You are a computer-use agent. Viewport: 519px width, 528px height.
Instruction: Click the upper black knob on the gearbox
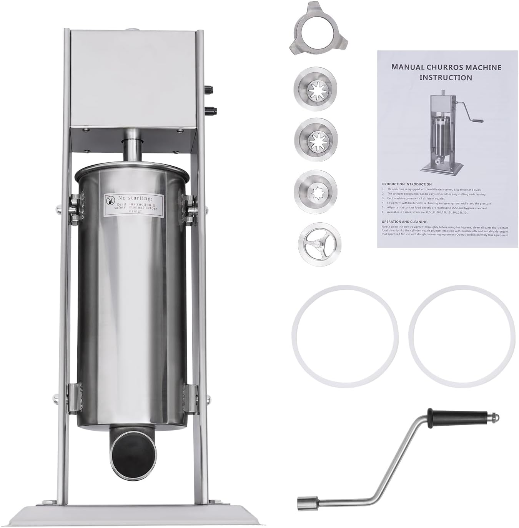tap(210, 89)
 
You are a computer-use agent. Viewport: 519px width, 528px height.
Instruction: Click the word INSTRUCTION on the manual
tap(446, 77)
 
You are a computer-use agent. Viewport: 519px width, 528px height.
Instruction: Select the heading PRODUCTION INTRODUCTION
tap(406, 184)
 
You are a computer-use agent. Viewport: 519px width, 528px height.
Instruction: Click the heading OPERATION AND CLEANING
tap(404, 222)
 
